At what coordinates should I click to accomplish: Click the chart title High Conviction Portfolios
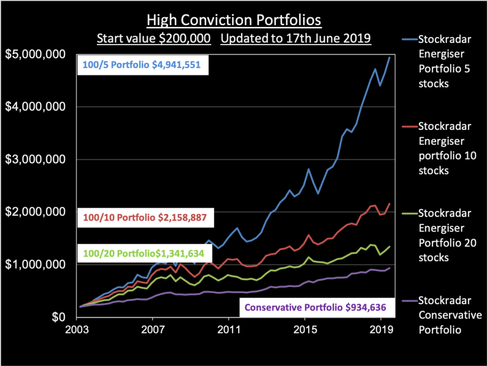234,21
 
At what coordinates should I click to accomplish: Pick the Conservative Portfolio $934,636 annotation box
315,307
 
